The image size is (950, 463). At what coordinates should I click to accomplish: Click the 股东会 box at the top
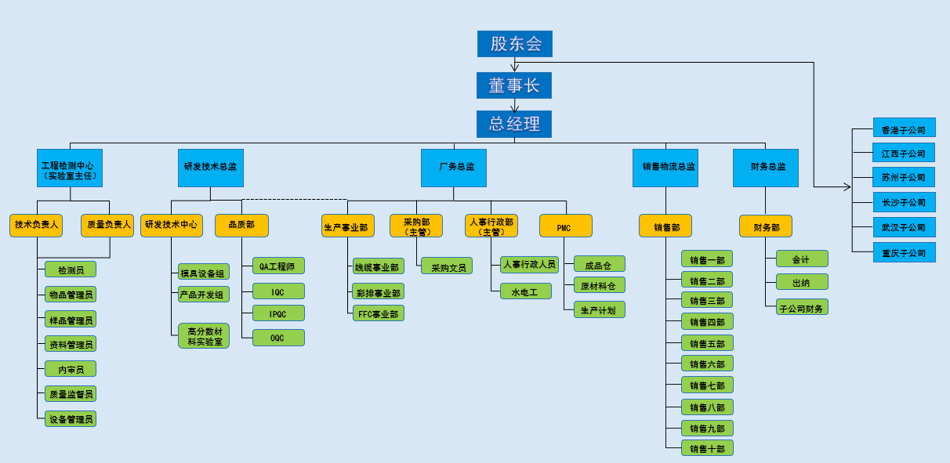coord(514,44)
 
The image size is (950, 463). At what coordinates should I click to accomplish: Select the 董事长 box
coord(514,85)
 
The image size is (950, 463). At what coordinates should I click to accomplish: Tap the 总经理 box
coord(514,124)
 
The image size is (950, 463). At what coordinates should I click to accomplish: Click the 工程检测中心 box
coord(71,168)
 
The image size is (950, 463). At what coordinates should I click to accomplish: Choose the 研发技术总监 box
coord(210,168)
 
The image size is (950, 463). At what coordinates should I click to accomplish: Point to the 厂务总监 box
coord(454,168)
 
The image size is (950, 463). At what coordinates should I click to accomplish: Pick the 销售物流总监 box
coord(665,168)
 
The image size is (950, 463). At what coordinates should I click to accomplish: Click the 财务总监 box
coord(766,168)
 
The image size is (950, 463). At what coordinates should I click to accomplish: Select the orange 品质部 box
coord(241,226)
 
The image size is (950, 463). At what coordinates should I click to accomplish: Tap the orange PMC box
coord(565,226)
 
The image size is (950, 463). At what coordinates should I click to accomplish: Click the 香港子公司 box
coord(904,128)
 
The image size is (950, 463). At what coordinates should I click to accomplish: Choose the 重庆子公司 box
coord(904,252)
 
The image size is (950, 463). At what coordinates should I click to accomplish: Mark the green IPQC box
coord(278,313)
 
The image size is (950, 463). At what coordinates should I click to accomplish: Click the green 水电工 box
coord(526,291)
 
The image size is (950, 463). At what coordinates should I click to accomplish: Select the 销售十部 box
coord(707,448)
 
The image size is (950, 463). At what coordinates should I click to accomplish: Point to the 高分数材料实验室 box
coord(203,335)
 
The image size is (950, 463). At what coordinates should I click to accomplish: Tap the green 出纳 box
coord(802,282)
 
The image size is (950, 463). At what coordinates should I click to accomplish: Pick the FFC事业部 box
coord(379,313)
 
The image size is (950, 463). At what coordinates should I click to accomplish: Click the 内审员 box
coord(71,369)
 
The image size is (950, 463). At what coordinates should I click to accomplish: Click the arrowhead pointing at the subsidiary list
coord(847,187)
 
